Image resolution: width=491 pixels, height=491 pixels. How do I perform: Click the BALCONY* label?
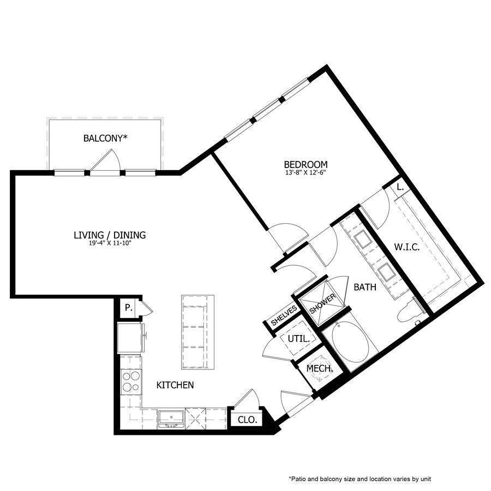105,138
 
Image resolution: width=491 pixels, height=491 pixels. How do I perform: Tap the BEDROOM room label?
306,164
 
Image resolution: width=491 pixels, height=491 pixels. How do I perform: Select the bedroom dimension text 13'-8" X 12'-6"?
306,172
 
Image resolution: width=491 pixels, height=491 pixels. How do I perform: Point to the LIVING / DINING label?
110,235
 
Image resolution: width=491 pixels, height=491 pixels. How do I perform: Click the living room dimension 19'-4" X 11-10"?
110,243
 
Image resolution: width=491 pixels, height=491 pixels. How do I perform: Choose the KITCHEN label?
175,385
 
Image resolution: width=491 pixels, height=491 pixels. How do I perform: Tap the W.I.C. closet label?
406,247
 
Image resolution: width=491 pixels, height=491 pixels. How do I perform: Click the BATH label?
364,287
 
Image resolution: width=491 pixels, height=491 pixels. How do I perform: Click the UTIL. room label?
298,339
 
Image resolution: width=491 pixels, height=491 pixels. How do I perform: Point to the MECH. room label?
319,369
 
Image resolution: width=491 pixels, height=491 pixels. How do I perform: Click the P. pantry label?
128,308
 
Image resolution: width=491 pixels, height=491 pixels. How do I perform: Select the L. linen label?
400,187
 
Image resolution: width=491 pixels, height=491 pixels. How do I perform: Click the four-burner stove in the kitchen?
131,381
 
